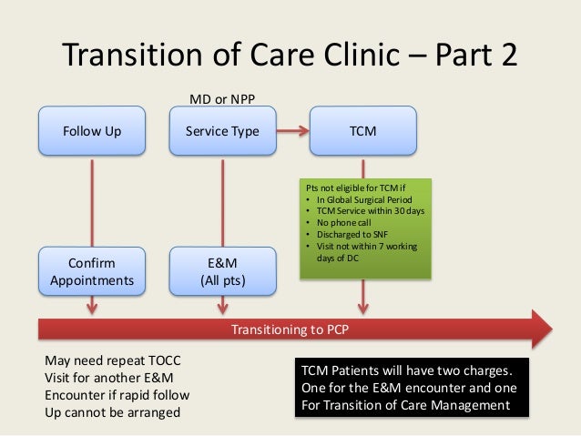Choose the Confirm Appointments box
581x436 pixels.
click(91, 272)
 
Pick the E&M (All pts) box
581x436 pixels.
click(222, 272)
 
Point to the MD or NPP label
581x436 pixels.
click(221, 96)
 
